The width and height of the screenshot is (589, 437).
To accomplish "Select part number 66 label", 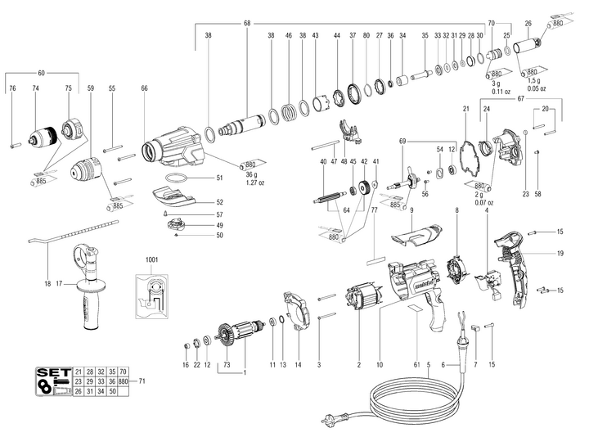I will click(145, 88).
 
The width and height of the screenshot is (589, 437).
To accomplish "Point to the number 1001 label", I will click(153, 259).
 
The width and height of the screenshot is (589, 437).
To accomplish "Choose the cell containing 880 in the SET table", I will click(124, 381).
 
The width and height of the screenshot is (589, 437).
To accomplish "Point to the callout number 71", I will click(142, 381).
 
